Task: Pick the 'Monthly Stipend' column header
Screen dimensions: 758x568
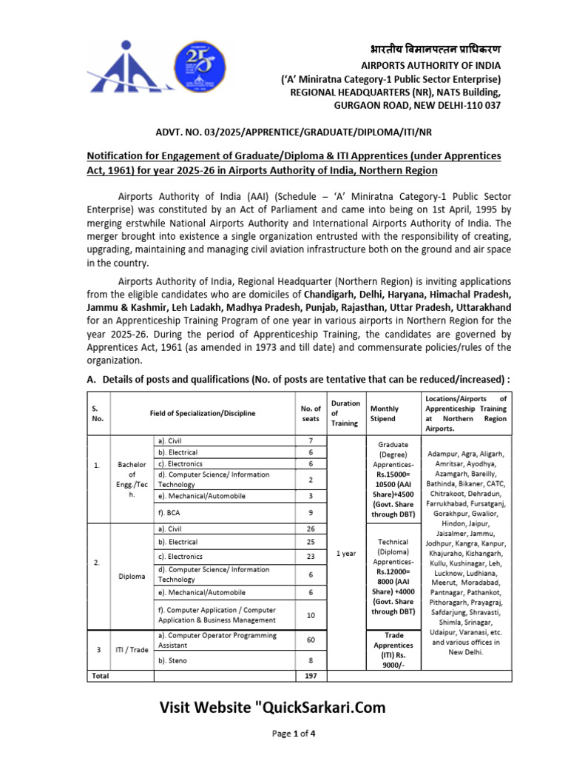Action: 384,413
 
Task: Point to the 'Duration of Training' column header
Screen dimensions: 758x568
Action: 345,413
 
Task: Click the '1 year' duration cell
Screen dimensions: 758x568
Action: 345,554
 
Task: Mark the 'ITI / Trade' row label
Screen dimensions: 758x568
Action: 132,649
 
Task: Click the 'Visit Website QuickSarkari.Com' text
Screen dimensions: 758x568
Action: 273,708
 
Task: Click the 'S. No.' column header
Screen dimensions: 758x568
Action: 98,413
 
